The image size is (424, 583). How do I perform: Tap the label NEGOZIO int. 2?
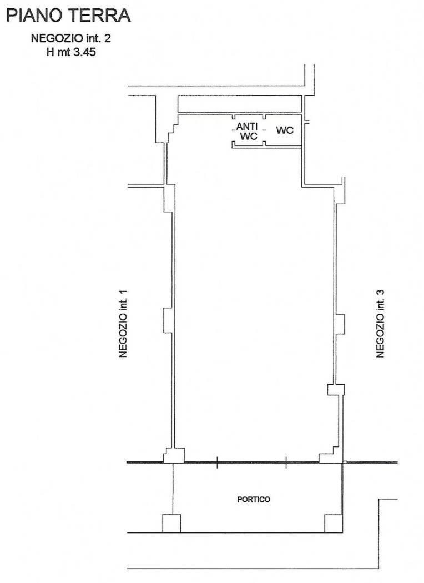(71, 38)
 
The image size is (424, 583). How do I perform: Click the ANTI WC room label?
(248, 132)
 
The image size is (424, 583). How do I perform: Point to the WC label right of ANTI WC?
(285, 130)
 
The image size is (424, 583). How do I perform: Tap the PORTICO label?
(254, 499)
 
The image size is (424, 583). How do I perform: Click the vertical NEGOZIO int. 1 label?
(123, 324)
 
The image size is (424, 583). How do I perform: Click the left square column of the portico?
(171, 524)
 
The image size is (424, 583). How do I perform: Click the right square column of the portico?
(334, 524)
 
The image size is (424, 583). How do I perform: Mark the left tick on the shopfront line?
(217, 463)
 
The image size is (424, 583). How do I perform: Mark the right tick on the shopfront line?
(286, 463)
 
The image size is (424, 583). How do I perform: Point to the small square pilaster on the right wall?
(336, 390)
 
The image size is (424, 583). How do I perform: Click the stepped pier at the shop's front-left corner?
(174, 455)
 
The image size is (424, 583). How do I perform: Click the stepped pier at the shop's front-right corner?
(330, 455)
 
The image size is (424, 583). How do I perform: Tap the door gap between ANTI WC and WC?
(264, 130)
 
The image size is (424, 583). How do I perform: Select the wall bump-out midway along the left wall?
(168, 320)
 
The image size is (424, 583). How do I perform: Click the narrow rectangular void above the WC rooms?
(240, 104)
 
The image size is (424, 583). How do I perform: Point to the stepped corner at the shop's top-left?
(171, 129)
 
